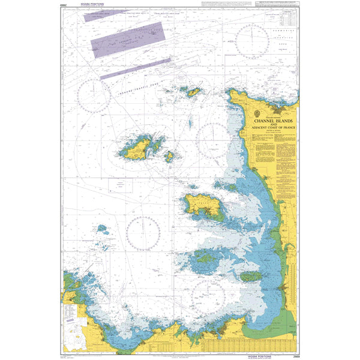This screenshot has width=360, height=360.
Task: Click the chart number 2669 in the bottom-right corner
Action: point(293,355)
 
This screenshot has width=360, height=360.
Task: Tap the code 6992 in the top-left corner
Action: point(65,5)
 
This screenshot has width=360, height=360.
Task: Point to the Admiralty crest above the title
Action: point(258,113)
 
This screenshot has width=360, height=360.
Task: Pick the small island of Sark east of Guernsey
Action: point(170,157)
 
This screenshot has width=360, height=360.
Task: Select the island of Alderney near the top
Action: point(193,92)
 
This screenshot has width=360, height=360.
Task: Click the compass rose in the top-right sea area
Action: point(253,41)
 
